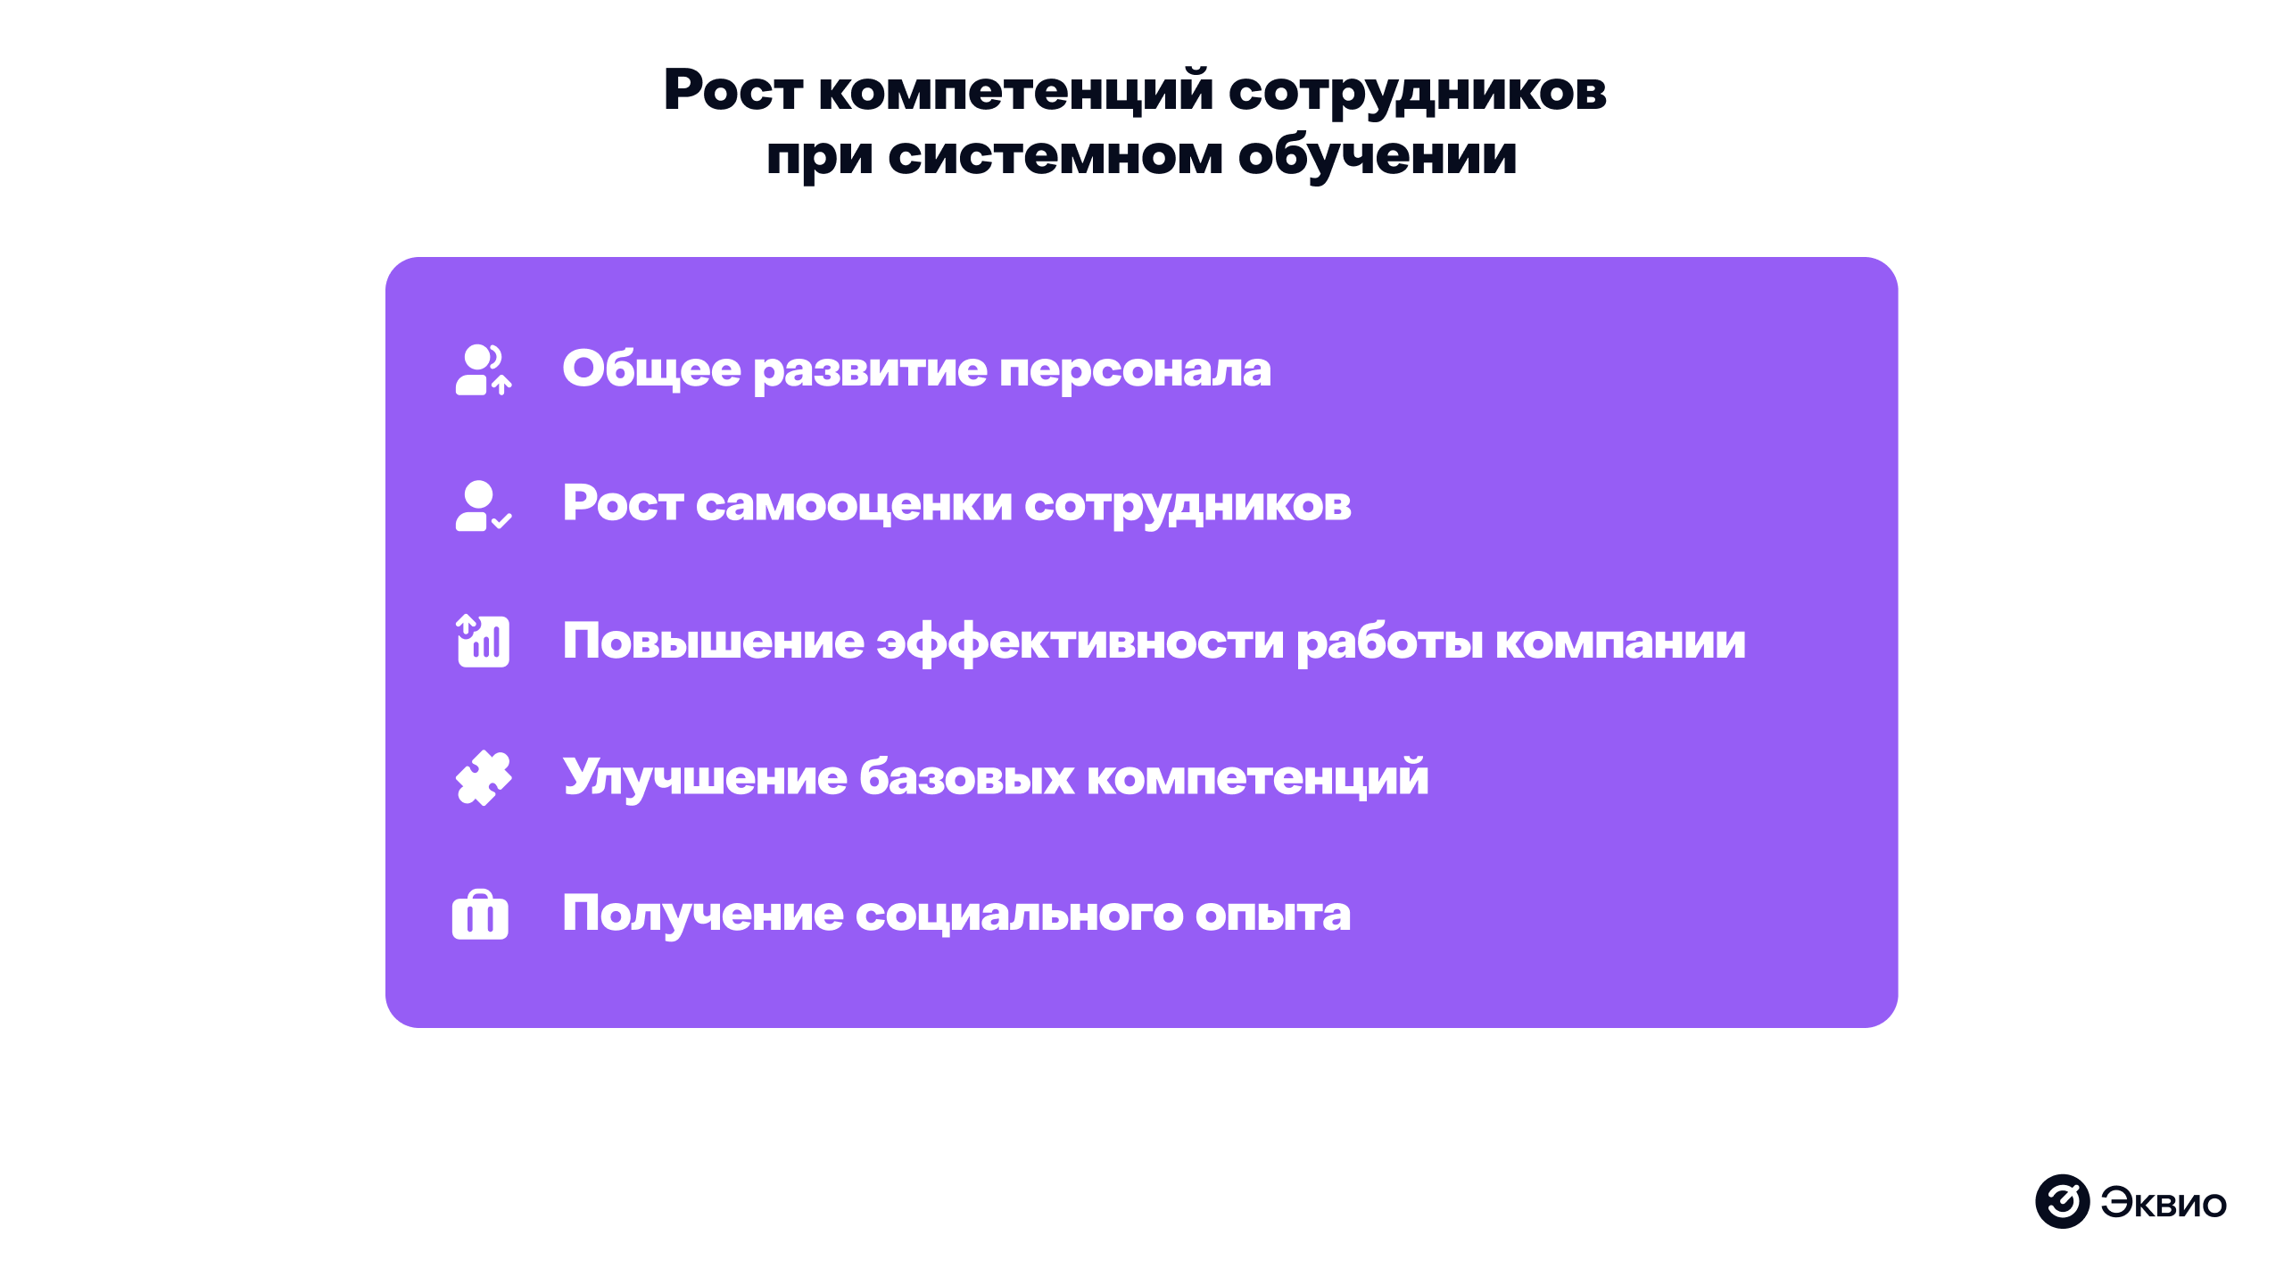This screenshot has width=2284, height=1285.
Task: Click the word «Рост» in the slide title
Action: click(733, 91)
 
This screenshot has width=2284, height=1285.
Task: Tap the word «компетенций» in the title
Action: click(1015, 93)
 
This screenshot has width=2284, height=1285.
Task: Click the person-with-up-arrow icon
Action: click(483, 369)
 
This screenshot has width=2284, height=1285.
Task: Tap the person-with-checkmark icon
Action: click(483, 506)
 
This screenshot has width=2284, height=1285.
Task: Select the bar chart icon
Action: click(483, 641)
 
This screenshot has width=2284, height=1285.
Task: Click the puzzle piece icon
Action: click(483, 777)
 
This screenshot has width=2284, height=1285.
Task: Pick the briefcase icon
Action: click(480, 915)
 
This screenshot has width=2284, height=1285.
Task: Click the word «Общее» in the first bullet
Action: click(651, 369)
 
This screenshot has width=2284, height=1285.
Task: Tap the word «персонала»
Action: click(1135, 369)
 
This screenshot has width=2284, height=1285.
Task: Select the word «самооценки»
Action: click(854, 505)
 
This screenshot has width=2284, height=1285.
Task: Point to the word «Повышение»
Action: click(713, 642)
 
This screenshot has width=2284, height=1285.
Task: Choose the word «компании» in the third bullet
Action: click(1620, 642)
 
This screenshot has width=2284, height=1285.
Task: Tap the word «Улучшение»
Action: click(704, 778)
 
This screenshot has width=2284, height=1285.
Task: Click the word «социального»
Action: click(1019, 915)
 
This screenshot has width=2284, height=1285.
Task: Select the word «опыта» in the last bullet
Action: click(1272, 915)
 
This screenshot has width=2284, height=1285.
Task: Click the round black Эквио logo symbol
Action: click(2062, 1202)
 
